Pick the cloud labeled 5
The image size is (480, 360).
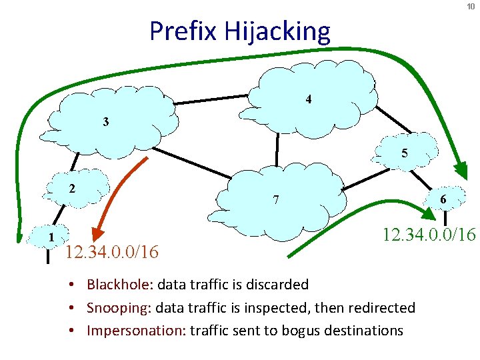pos(404,153)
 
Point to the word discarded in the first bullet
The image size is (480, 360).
pos(279,285)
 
